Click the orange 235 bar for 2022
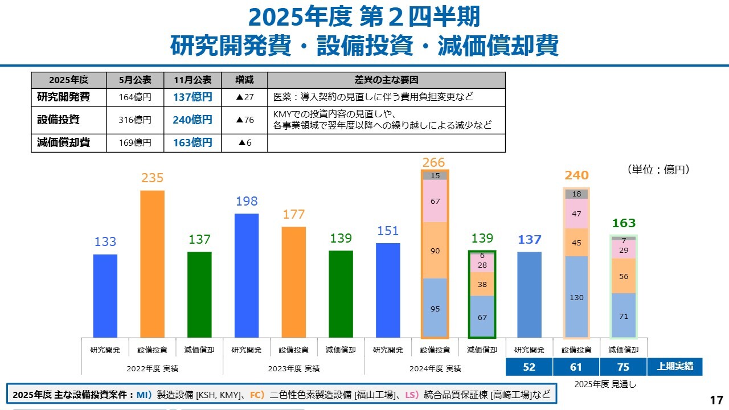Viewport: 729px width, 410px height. point(152,263)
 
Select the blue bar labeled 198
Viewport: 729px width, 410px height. point(247,275)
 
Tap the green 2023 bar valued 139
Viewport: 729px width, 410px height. point(341,293)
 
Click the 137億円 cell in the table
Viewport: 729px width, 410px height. point(193,97)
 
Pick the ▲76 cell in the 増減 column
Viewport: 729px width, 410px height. point(244,120)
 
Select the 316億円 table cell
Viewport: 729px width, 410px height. point(135,120)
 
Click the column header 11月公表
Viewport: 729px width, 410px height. point(193,80)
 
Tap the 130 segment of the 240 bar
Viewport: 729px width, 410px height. point(576,297)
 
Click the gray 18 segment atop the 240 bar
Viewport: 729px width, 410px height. point(576,194)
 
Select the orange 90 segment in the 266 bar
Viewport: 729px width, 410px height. point(435,251)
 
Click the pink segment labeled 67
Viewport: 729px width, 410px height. point(435,201)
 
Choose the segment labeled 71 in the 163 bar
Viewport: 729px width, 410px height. point(624,315)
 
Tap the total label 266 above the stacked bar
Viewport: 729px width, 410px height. point(434,162)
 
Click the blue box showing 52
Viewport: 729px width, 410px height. point(529,367)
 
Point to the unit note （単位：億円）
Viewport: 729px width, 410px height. point(659,170)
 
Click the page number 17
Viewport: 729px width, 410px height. point(716,399)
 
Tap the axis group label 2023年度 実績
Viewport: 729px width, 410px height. point(294,368)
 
